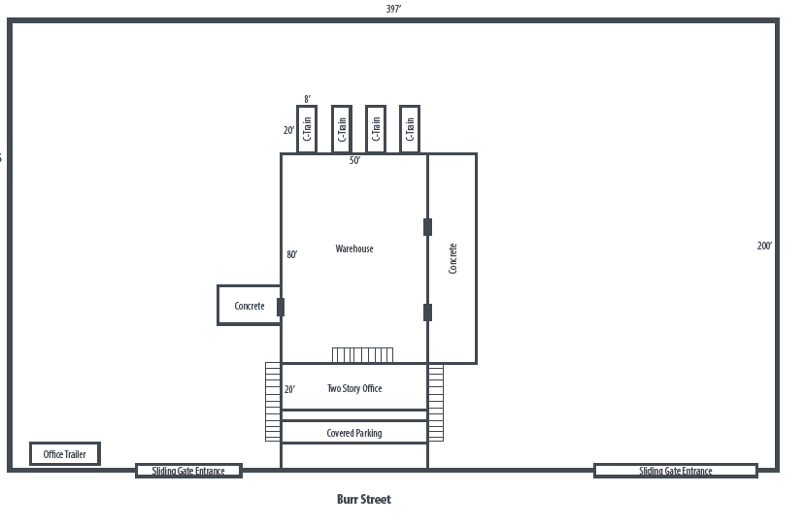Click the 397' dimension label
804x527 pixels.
(x=394, y=9)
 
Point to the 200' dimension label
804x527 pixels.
(x=764, y=246)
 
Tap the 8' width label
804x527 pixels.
(x=307, y=99)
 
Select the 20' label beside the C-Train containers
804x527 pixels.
(x=289, y=130)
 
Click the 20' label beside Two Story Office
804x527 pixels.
(x=289, y=389)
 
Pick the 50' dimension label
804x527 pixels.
(x=354, y=160)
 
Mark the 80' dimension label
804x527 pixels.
(x=291, y=254)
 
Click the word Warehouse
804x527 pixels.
(x=354, y=248)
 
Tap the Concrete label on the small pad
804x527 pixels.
(x=250, y=306)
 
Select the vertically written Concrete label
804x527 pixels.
(x=452, y=258)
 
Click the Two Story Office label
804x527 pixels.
(x=354, y=388)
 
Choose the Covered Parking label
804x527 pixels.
(x=354, y=433)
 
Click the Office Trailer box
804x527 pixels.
(x=65, y=453)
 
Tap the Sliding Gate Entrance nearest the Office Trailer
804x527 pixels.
(x=188, y=471)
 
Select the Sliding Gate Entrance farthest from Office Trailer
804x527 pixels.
(x=676, y=471)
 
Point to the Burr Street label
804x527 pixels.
(x=364, y=499)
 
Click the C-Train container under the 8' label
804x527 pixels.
(x=307, y=129)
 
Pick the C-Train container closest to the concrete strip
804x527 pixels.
(x=410, y=129)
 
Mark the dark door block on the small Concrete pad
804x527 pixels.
(x=281, y=307)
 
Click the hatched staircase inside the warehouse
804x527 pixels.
(x=362, y=355)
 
